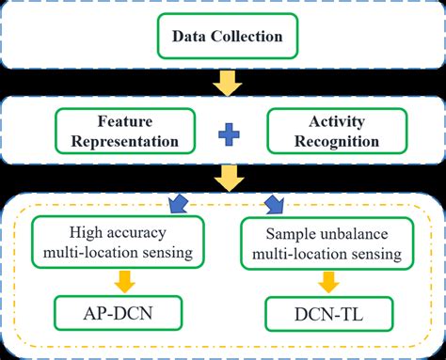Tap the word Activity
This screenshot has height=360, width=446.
pyautogui.click(x=323, y=122)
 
